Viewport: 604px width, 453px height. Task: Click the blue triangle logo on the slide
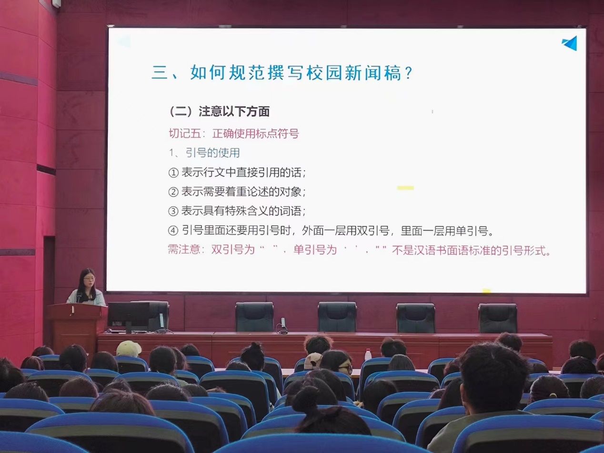coord(570,43)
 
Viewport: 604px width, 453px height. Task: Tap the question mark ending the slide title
coord(408,73)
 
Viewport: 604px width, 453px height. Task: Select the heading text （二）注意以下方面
coord(219,111)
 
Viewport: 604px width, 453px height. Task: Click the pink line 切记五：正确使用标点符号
coord(234,133)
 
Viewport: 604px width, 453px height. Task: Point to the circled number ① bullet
coord(173,173)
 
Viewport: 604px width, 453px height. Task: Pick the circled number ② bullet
coord(173,192)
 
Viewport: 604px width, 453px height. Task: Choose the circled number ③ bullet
coord(173,211)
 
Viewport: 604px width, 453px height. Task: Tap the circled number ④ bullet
coord(173,231)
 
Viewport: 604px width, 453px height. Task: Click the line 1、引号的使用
coord(204,153)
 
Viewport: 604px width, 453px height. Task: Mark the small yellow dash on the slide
coord(405,188)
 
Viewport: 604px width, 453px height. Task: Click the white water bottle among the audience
coord(368,354)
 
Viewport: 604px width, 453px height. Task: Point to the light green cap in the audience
coord(128,348)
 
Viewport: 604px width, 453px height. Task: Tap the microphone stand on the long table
coord(282,326)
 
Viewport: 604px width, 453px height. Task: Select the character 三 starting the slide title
coord(160,73)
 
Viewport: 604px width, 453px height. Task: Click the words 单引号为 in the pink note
coord(315,250)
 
